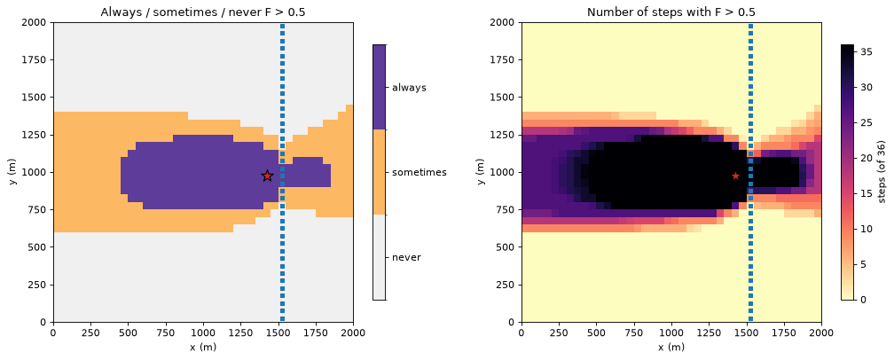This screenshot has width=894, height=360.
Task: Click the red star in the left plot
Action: click(x=268, y=176)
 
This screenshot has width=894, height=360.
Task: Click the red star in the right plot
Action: click(x=735, y=176)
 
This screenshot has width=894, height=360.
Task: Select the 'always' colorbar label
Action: click(x=409, y=88)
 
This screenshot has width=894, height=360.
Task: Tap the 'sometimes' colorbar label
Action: click(x=419, y=172)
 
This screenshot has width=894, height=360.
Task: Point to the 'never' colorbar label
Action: click(x=406, y=257)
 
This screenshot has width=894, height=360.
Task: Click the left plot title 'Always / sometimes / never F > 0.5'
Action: click(x=204, y=11)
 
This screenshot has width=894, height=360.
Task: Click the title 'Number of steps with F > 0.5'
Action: click(x=671, y=11)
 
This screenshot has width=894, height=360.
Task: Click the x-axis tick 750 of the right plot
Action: click(x=634, y=333)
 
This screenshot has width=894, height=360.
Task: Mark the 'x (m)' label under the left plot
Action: click(x=204, y=347)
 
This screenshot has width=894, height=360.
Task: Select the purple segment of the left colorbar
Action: click(x=380, y=87)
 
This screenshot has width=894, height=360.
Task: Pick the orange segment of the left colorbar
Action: click(x=380, y=172)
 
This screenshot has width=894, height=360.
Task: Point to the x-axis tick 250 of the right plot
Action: click(x=559, y=333)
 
